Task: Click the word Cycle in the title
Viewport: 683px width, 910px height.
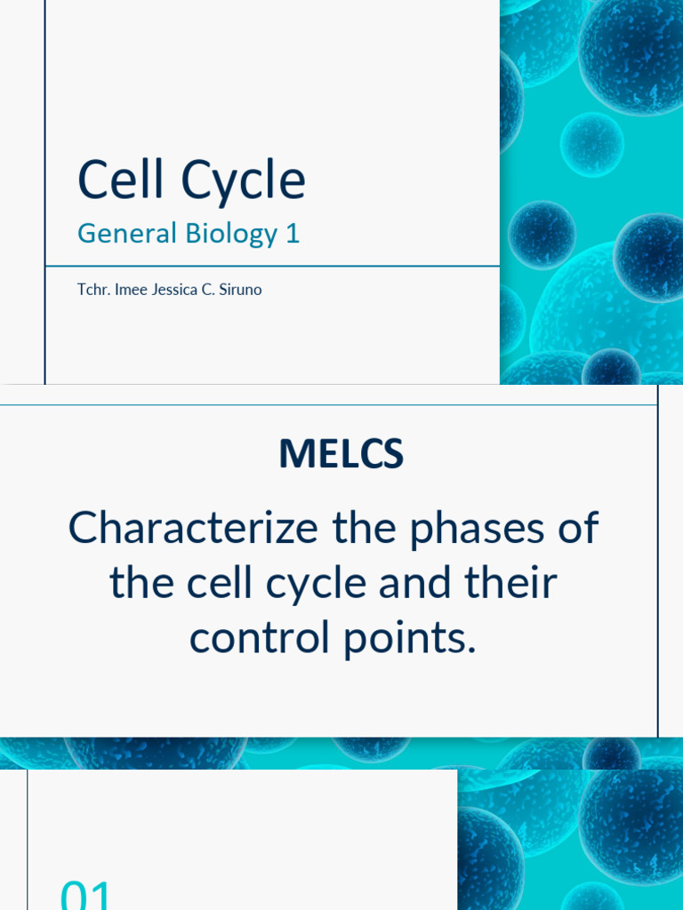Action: point(244,181)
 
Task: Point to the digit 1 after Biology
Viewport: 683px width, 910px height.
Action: point(293,234)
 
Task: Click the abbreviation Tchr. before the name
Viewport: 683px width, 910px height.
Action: point(92,290)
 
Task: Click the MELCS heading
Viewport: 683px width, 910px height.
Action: point(341,454)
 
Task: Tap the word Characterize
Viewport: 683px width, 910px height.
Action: point(193,530)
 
